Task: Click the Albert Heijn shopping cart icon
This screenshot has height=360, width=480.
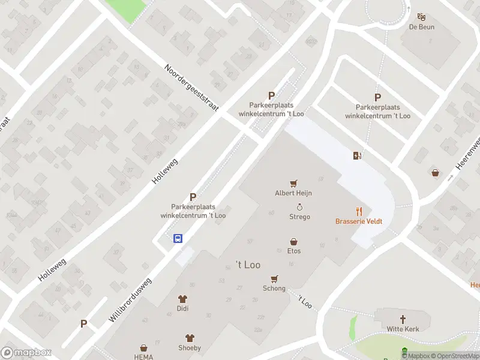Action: point(293,184)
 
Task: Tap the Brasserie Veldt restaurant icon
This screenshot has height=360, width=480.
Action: point(359,211)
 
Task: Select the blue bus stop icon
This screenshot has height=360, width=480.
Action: point(178,238)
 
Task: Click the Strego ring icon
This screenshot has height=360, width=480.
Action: point(299,207)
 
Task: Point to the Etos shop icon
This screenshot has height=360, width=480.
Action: point(294,241)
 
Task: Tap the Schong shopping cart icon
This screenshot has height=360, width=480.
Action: point(274,279)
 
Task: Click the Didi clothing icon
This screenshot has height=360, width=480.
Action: point(182,299)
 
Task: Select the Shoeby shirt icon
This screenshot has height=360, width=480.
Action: point(190,338)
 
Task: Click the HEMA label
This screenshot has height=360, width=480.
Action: point(143,357)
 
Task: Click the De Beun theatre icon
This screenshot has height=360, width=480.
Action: point(421,17)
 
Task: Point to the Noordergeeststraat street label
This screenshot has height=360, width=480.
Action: point(191,87)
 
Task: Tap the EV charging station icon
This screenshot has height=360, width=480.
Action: point(358,156)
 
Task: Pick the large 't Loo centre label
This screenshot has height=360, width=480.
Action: point(247,265)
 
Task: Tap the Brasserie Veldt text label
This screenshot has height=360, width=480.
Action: point(359,221)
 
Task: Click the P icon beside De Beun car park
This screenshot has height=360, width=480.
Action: point(377,98)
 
